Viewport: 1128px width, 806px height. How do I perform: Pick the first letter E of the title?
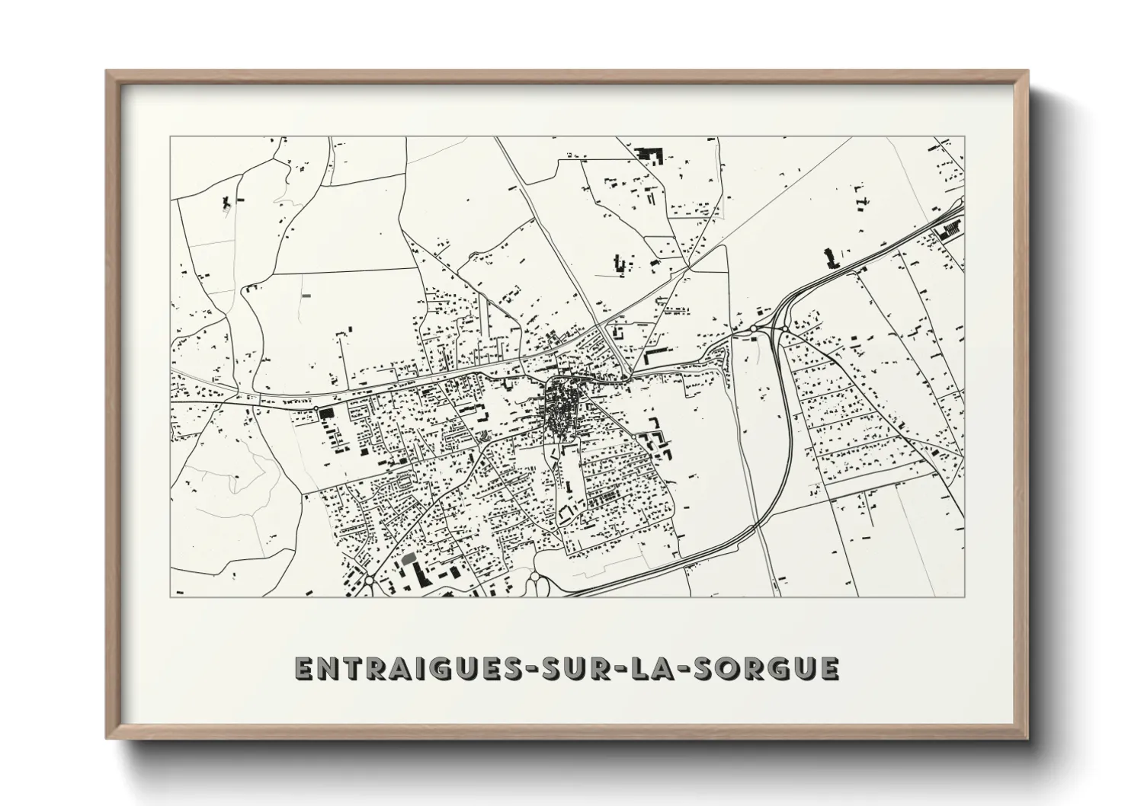[x=303, y=668]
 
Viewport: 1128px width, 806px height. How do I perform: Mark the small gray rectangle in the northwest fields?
[x=306, y=294]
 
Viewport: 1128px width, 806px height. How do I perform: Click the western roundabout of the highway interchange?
[x=753, y=328]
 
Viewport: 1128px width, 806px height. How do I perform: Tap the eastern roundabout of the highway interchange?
[x=784, y=328]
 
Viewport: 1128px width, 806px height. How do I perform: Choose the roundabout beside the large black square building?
[x=316, y=409]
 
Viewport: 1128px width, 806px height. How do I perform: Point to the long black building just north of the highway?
[x=830, y=259]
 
